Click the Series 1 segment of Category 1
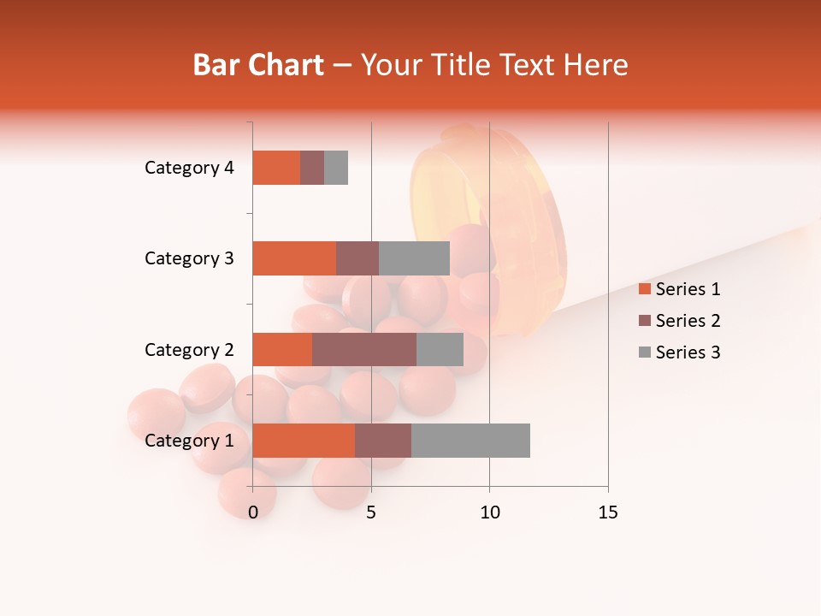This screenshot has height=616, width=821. pos(304,441)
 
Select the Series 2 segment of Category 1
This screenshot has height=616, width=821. pos(383,441)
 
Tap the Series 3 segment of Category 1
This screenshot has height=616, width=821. pos(470,441)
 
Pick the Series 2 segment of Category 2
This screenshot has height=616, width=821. pos(364,349)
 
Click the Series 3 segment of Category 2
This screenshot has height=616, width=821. pos(440,349)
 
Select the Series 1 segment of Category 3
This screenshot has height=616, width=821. pos(294,258)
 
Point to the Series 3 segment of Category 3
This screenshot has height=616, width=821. pos(414,258)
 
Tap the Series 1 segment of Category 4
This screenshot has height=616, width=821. pos(276,168)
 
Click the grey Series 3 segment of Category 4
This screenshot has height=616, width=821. pos(336,168)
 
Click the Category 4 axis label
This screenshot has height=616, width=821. pos(189,168)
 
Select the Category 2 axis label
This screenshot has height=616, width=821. pos(189,349)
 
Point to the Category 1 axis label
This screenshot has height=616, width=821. pos(189,441)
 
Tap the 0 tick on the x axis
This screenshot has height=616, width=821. pos(253,512)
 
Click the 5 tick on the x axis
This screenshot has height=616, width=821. pos(371,512)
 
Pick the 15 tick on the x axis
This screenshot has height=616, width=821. pos(607,512)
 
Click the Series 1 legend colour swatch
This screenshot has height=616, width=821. pos(644,289)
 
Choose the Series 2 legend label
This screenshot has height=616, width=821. pos(688,321)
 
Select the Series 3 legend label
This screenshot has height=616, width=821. pos(688,352)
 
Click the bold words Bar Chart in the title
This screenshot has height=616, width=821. pos(258,65)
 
